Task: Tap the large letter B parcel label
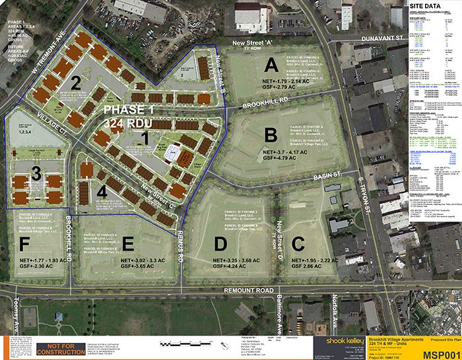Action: pyautogui.click(x=271, y=135)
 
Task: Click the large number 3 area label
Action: pyautogui.click(x=37, y=173)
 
